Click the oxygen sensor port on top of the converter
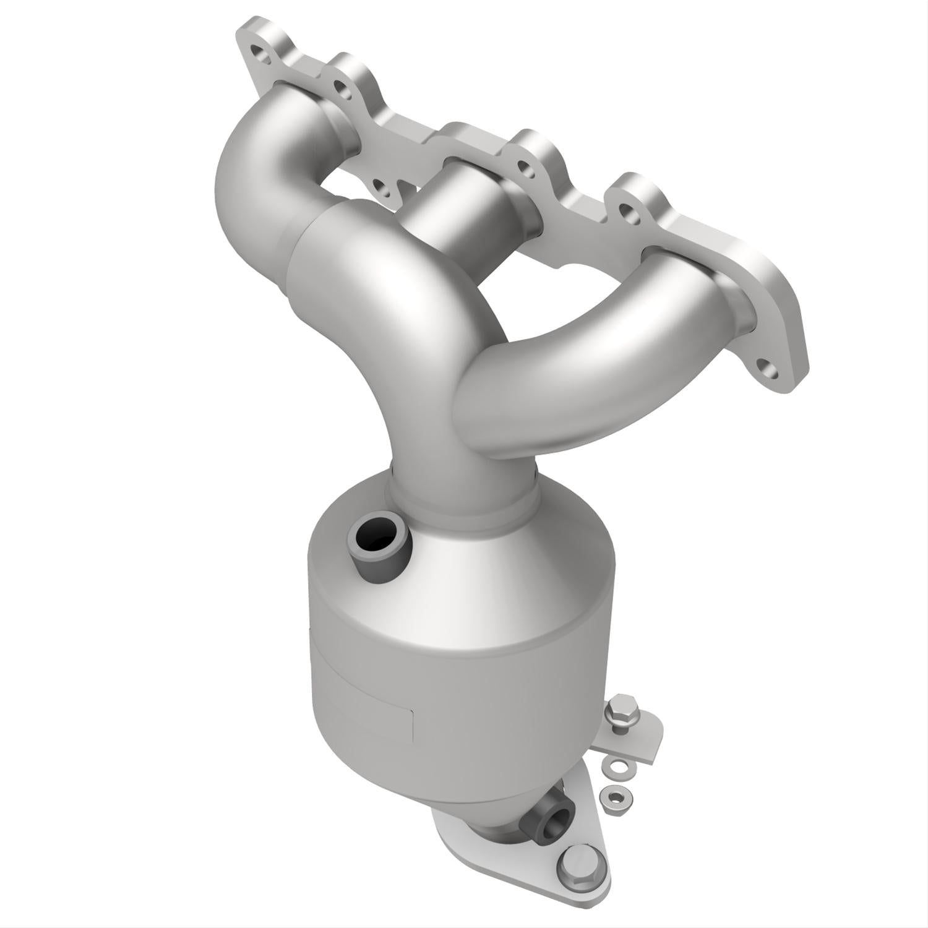tap(377, 538)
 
